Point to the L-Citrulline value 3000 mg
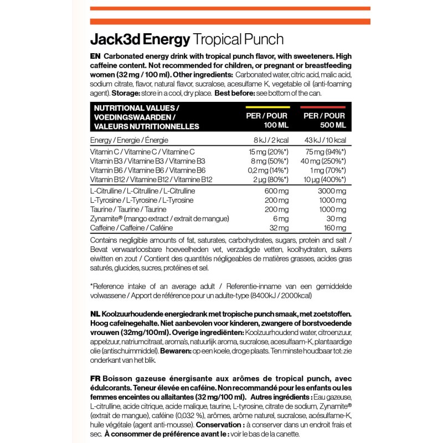(x=333, y=190)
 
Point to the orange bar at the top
(x=221, y=8)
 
